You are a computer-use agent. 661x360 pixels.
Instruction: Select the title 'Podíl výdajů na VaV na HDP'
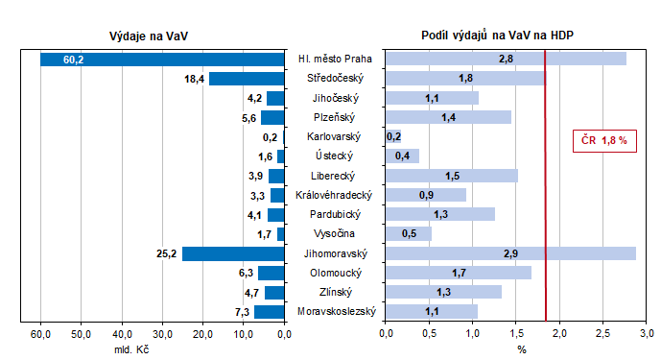(498, 36)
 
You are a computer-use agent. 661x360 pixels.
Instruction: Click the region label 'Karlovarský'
(335, 137)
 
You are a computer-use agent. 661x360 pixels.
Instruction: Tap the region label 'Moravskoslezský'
(335, 312)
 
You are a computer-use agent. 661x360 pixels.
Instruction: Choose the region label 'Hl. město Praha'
(335, 60)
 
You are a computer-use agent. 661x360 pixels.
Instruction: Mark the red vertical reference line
(544, 192)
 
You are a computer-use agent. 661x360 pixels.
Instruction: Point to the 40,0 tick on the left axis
(122, 334)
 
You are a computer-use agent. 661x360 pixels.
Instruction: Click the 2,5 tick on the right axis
(603, 334)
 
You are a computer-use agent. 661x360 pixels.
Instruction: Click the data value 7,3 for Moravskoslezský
(243, 312)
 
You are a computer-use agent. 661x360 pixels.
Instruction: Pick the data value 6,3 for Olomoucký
(247, 274)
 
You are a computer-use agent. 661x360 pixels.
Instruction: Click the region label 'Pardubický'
(335, 215)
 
